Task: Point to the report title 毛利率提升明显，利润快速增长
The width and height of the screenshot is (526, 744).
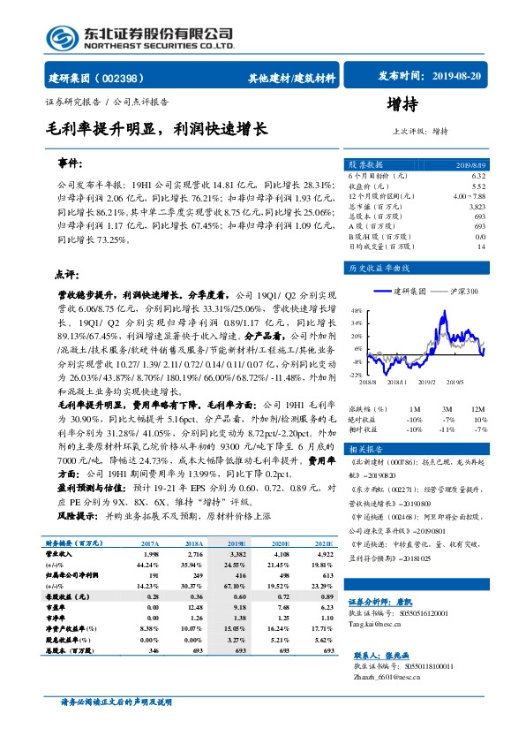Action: (x=157, y=128)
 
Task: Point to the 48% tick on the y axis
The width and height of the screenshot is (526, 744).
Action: (x=356, y=311)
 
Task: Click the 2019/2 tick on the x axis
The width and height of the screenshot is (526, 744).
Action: (x=428, y=382)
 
